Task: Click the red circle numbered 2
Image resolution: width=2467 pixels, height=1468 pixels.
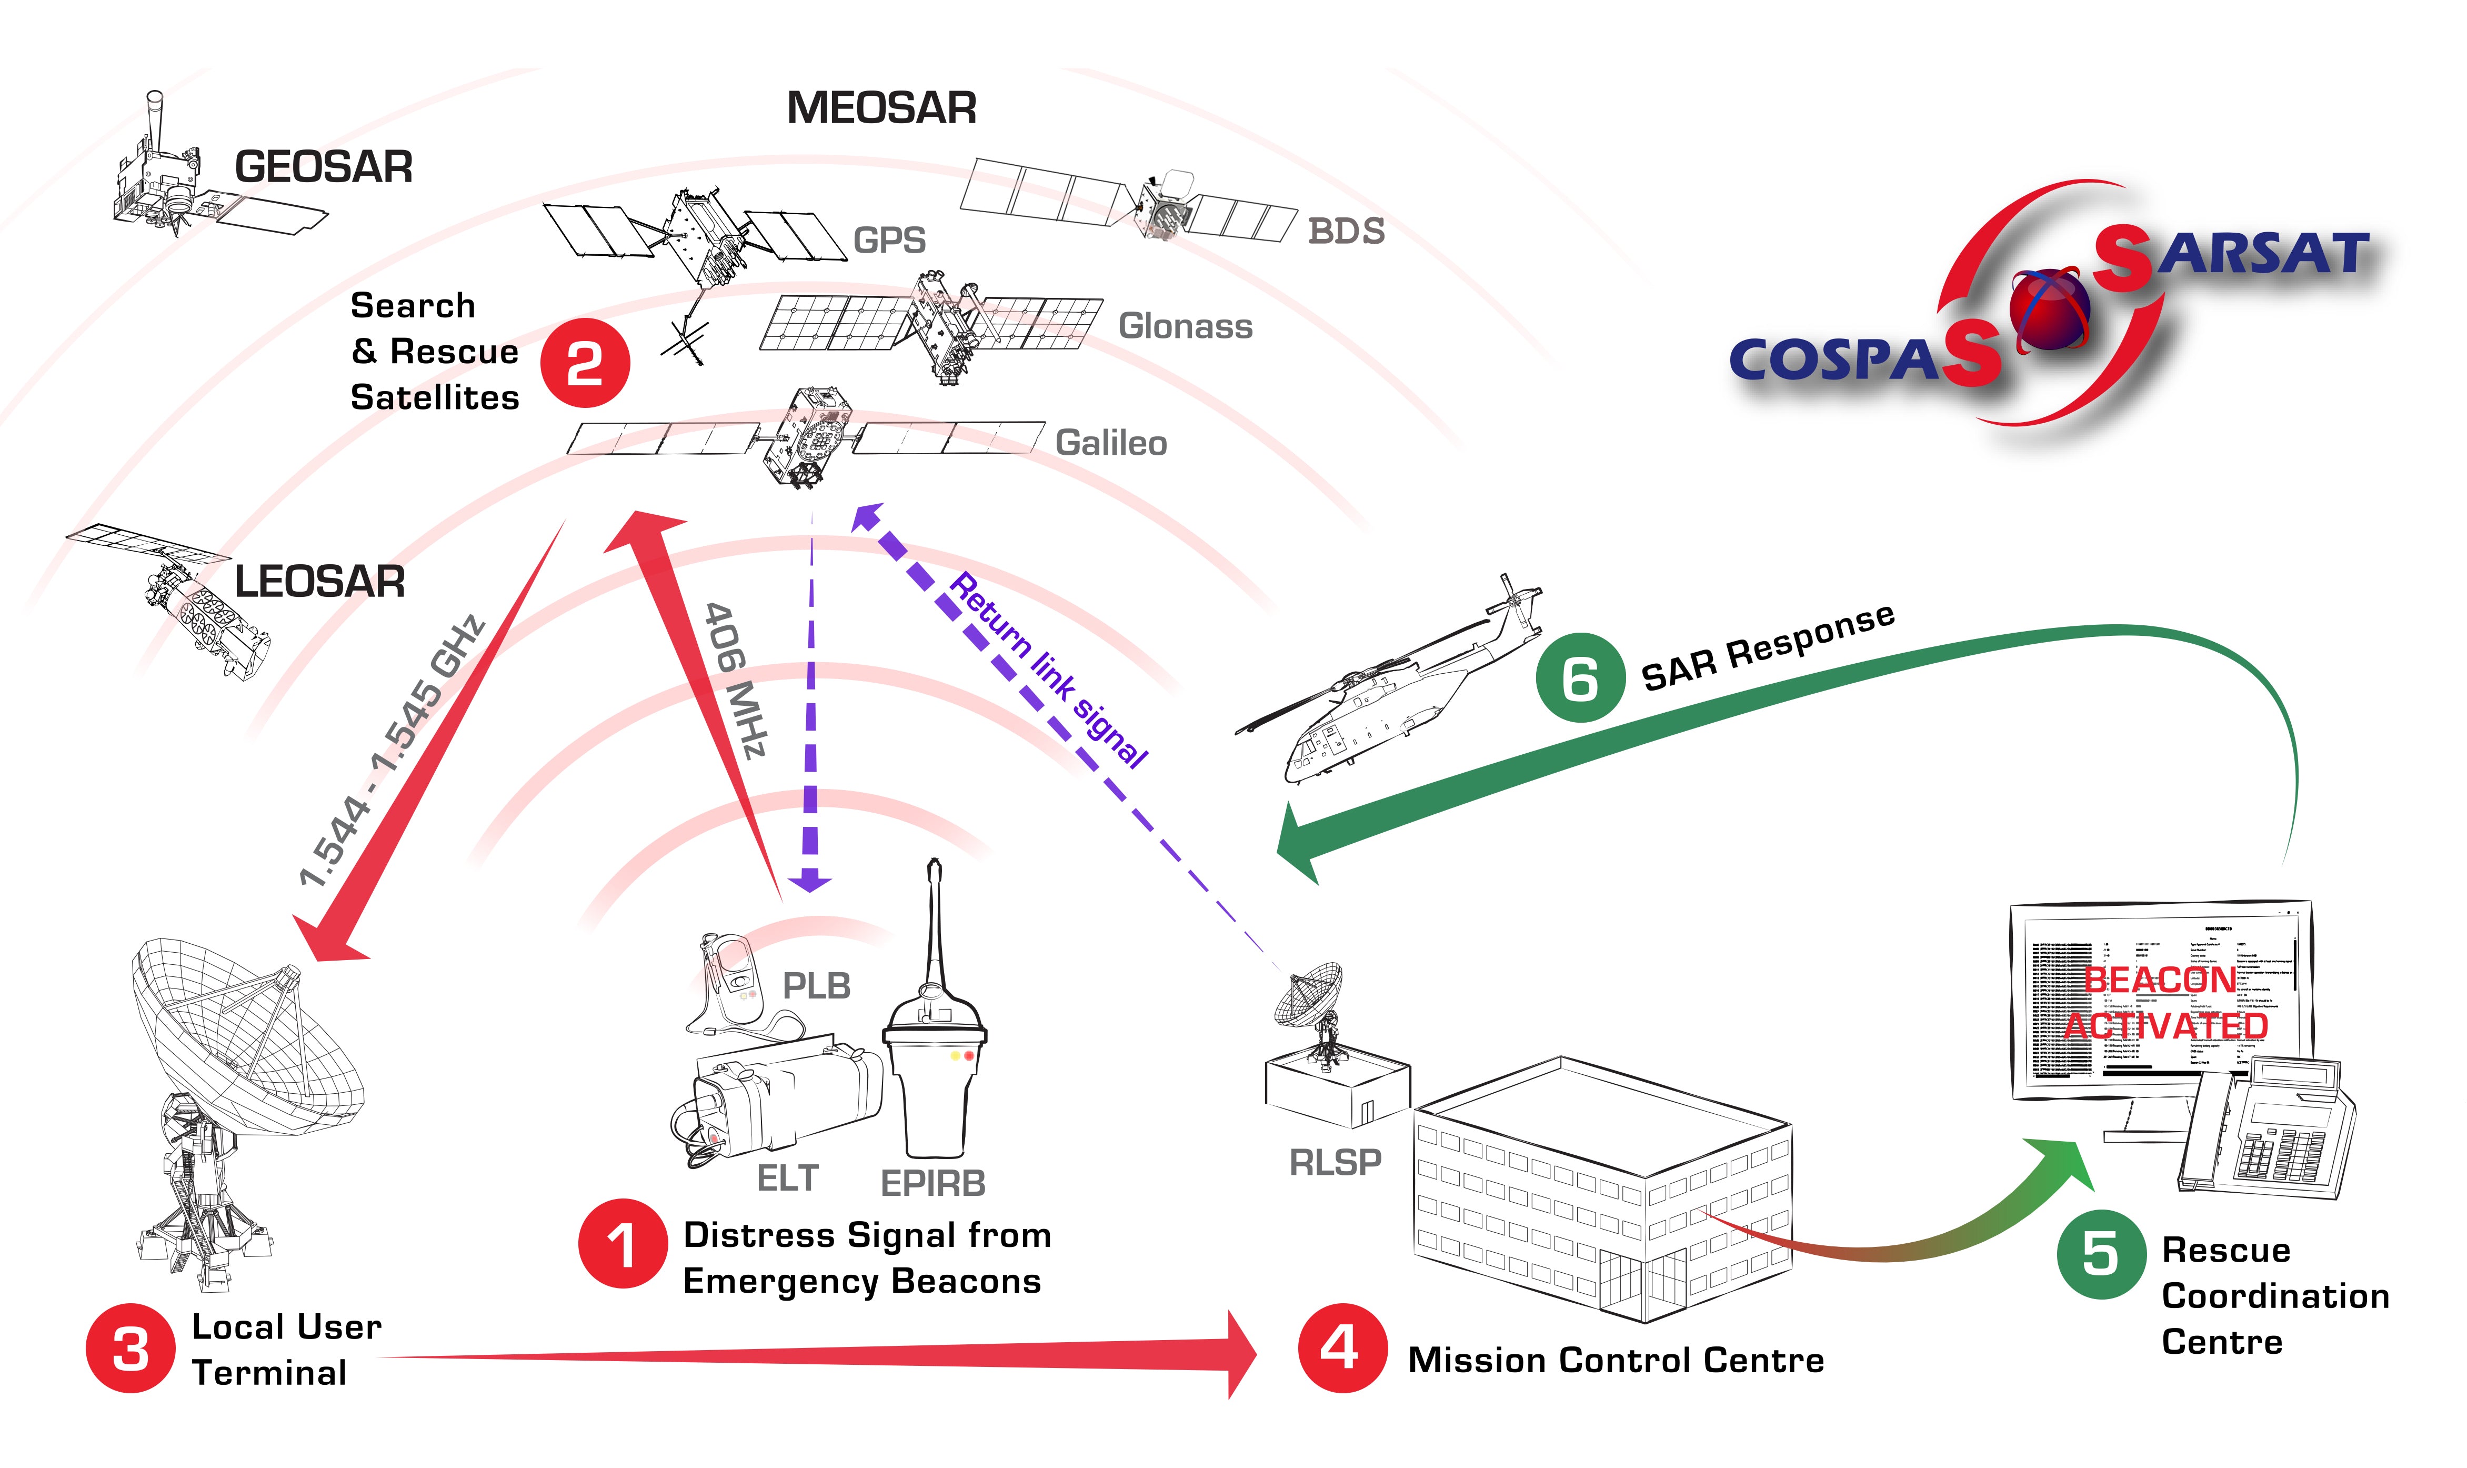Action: pyautogui.click(x=584, y=363)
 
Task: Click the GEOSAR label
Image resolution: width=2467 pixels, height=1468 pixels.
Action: pyautogui.click(x=323, y=166)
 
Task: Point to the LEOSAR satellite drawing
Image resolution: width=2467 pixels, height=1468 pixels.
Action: pyautogui.click(x=183, y=598)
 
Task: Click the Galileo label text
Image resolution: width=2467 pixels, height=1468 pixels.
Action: pyautogui.click(x=1110, y=442)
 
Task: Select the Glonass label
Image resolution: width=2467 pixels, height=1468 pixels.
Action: pyautogui.click(x=1185, y=325)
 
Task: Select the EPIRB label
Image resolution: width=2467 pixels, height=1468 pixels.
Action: pyautogui.click(x=932, y=1182)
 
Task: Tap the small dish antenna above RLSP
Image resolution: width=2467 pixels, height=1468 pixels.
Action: pyautogui.click(x=1310, y=999)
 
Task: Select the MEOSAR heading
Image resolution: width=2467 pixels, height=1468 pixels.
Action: pyautogui.click(x=881, y=108)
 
